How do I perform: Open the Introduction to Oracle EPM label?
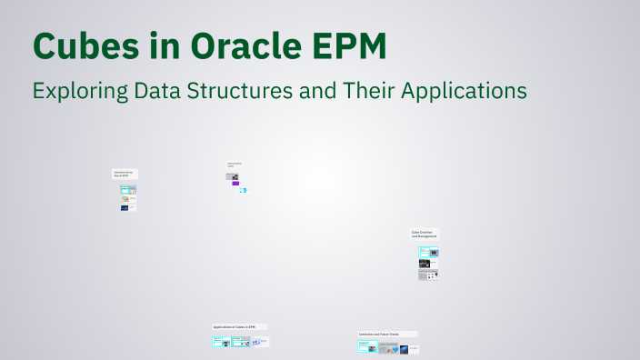pyautogui.click(x=124, y=175)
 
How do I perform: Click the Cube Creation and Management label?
pyautogui.click(x=425, y=235)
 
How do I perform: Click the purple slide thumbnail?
pyautogui.click(x=235, y=184)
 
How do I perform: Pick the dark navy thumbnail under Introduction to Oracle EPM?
pyautogui.click(x=125, y=207)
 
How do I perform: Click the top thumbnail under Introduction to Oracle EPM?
pyautogui.click(x=128, y=189)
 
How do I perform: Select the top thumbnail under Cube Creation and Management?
pyautogui.click(x=428, y=252)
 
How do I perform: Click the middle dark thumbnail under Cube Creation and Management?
pyautogui.click(x=425, y=264)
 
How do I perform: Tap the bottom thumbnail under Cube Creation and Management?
pyautogui.click(x=428, y=275)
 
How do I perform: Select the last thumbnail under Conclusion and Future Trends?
pyautogui.click(x=405, y=349)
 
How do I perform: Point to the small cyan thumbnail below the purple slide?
pyautogui.click(x=243, y=191)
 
